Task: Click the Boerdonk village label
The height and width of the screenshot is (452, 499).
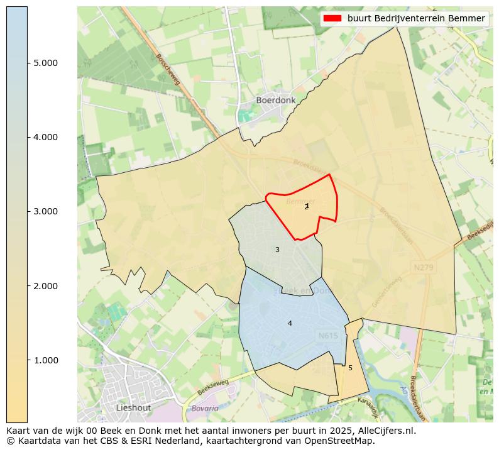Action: click(x=275, y=100)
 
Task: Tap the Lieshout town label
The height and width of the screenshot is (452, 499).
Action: click(x=134, y=407)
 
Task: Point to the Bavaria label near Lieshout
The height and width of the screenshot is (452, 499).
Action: click(x=205, y=408)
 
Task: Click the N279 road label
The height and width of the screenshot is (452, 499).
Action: click(x=424, y=267)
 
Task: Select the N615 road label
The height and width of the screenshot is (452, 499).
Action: click(x=328, y=336)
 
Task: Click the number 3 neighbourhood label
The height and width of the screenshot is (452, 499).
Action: click(x=277, y=250)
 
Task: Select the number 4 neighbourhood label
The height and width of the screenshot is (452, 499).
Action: click(x=290, y=323)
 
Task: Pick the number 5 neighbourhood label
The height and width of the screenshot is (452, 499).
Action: click(x=350, y=368)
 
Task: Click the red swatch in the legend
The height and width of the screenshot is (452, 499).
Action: click(x=332, y=18)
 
